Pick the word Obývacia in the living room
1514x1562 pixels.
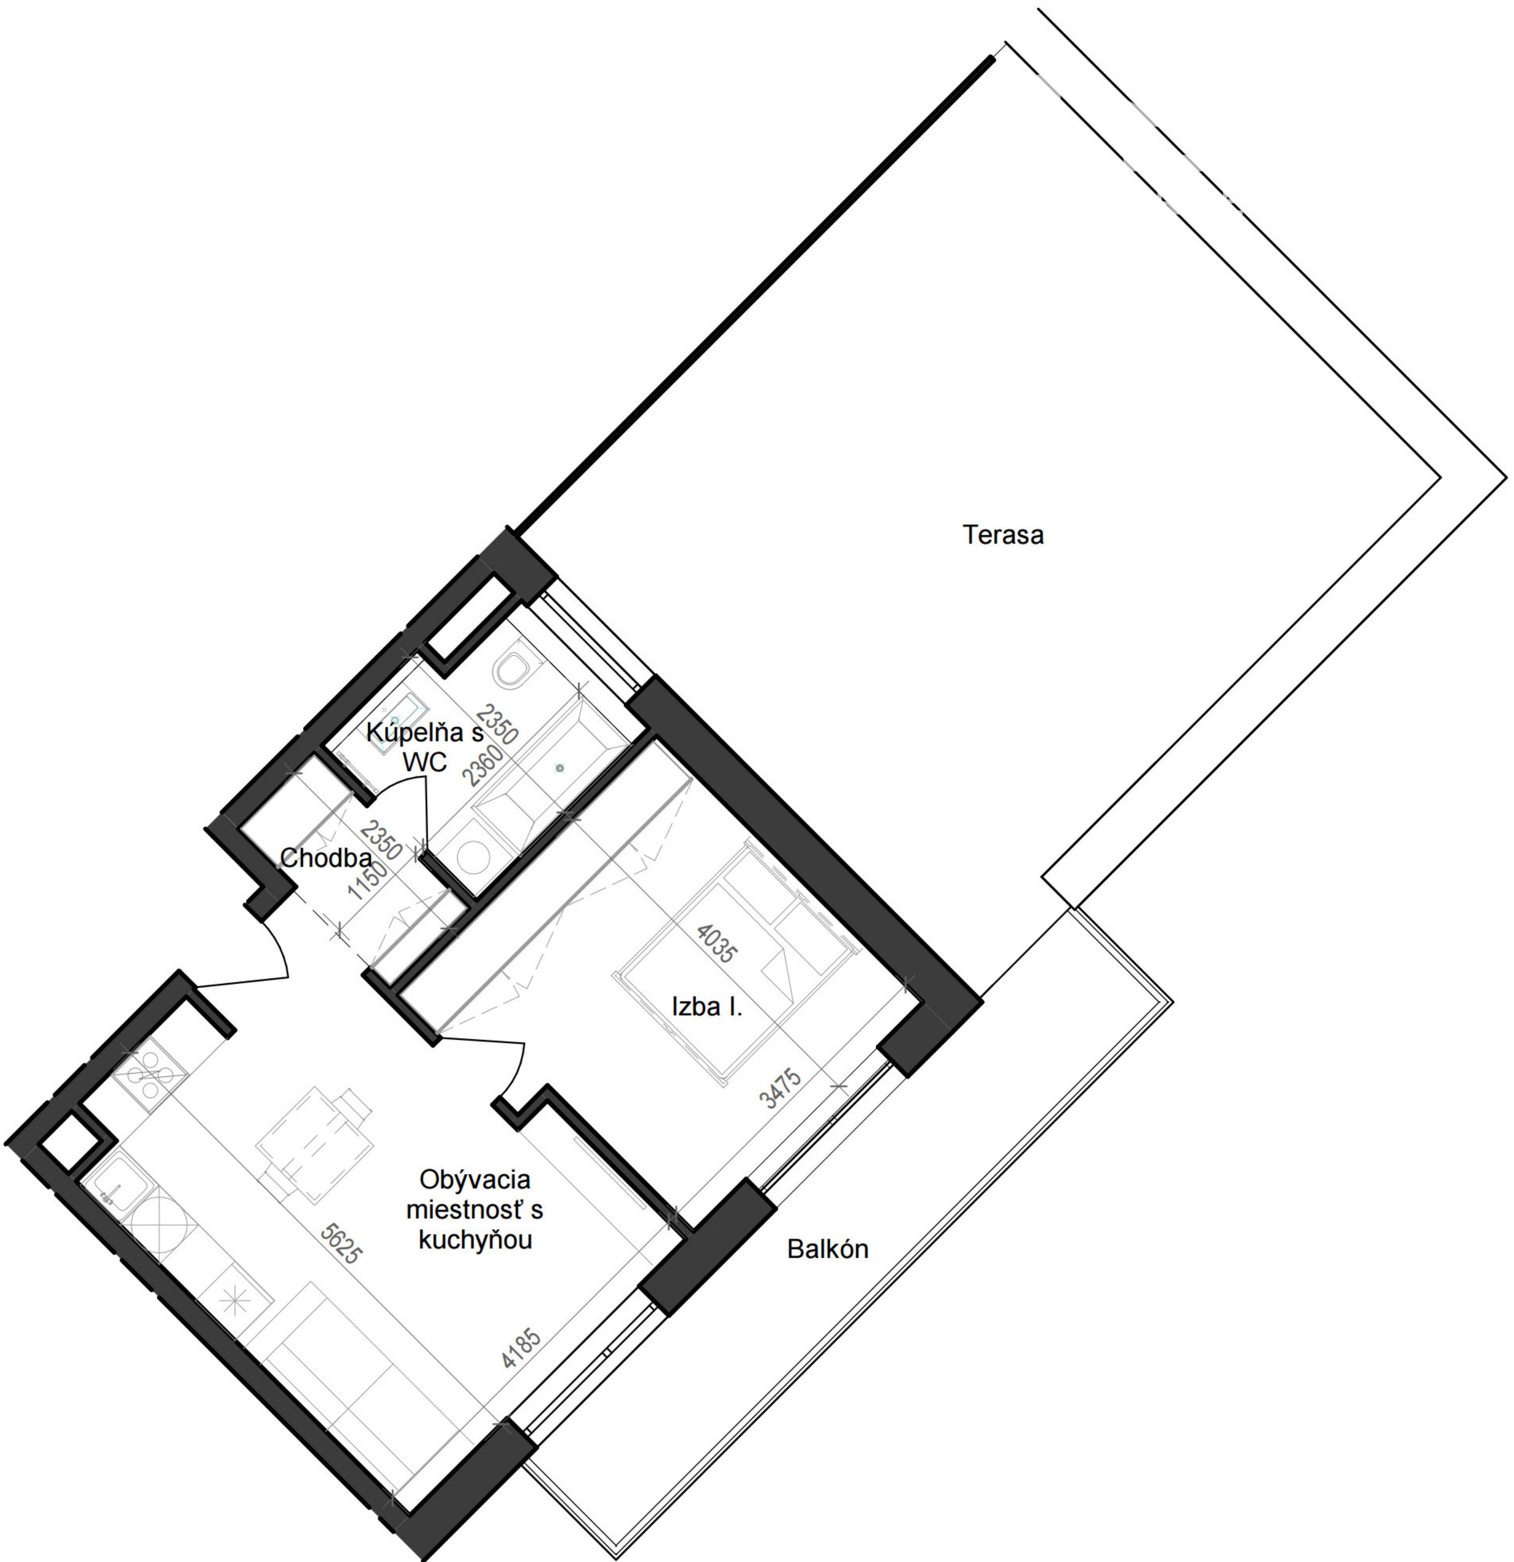(x=474, y=1179)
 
